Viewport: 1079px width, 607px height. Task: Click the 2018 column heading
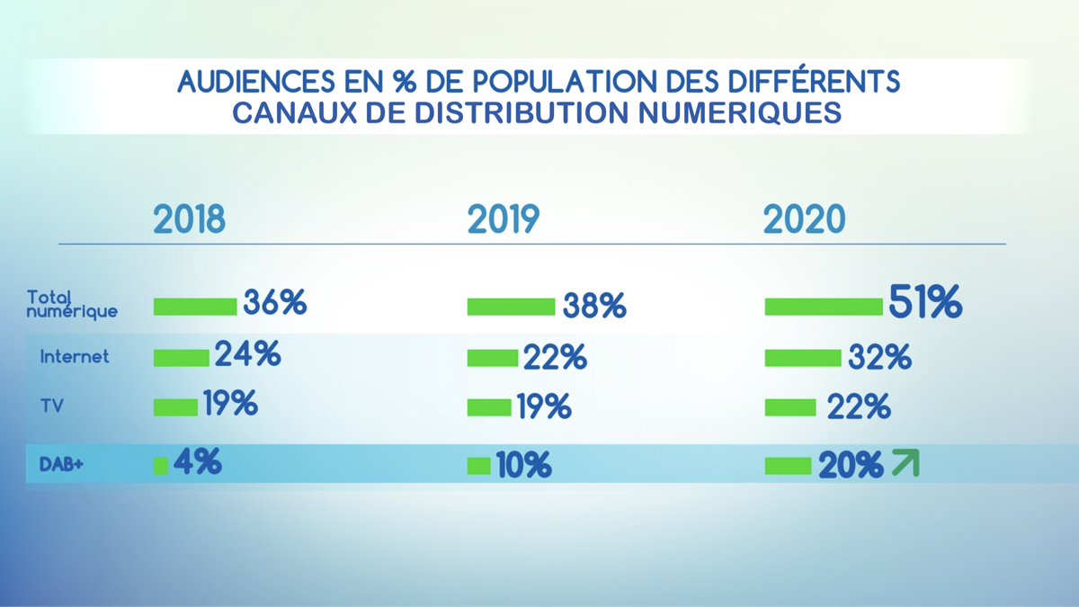(x=189, y=219)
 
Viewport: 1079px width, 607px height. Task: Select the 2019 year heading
(x=504, y=219)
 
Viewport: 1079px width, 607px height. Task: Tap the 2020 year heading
(x=805, y=219)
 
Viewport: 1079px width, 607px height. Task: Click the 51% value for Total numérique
(x=925, y=302)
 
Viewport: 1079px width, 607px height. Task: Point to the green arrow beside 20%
(x=905, y=464)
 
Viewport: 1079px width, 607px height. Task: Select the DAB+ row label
(x=61, y=465)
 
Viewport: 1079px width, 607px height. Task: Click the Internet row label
(x=75, y=357)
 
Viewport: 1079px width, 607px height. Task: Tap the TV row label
(x=51, y=406)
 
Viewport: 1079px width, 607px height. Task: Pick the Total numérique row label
(x=72, y=304)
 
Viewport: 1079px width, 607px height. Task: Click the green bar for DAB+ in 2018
(x=161, y=465)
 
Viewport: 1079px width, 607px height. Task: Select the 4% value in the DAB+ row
(x=197, y=462)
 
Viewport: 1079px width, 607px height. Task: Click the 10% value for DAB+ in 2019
(x=523, y=466)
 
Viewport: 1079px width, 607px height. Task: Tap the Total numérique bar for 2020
(x=824, y=307)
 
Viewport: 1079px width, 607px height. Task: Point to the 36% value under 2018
(x=274, y=303)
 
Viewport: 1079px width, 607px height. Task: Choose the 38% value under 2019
(x=593, y=307)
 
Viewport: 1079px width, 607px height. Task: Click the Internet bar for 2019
(x=493, y=359)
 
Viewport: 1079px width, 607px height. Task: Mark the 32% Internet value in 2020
(x=879, y=358)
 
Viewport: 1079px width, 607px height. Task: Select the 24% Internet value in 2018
(x=247, y=354)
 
